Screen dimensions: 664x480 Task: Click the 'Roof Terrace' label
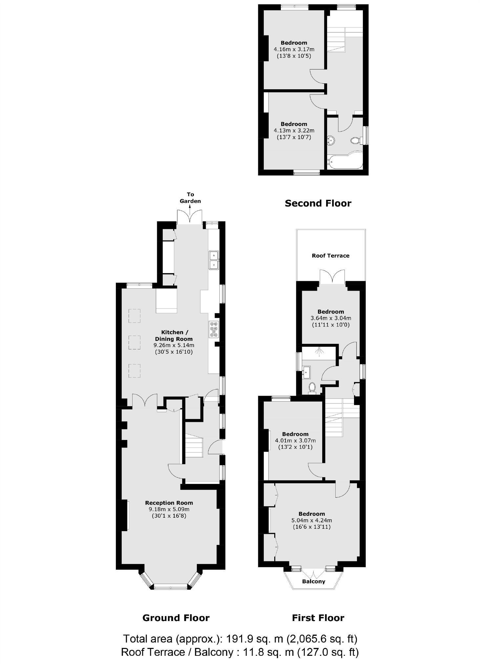330,256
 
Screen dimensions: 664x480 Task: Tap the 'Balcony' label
314,581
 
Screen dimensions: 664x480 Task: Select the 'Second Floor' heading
318,203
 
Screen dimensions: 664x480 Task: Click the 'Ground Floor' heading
176,618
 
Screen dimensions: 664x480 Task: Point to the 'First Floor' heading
318,618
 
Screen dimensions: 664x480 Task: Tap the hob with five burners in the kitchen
214,329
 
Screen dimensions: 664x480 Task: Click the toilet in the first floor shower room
312,387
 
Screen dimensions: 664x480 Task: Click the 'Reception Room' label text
169,503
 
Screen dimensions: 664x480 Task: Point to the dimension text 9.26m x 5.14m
174,345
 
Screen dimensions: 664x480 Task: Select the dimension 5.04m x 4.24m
312,520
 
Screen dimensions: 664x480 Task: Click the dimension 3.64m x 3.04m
331,318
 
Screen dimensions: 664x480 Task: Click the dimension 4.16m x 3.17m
294,49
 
